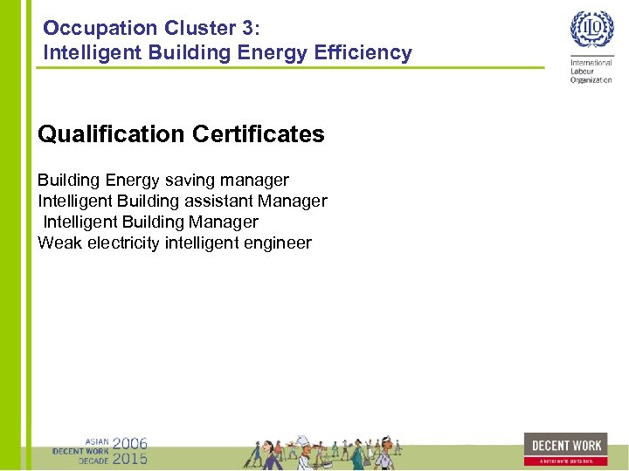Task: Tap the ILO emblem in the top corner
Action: click(591, 31)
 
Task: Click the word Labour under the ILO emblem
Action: click(583, 72)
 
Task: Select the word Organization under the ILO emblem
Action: click(591, 80)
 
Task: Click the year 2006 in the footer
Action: click(130, 443)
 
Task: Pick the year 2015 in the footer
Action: click(130, 458)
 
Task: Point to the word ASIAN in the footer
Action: click(96, 441)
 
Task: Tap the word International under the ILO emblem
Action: click(591, 64)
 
